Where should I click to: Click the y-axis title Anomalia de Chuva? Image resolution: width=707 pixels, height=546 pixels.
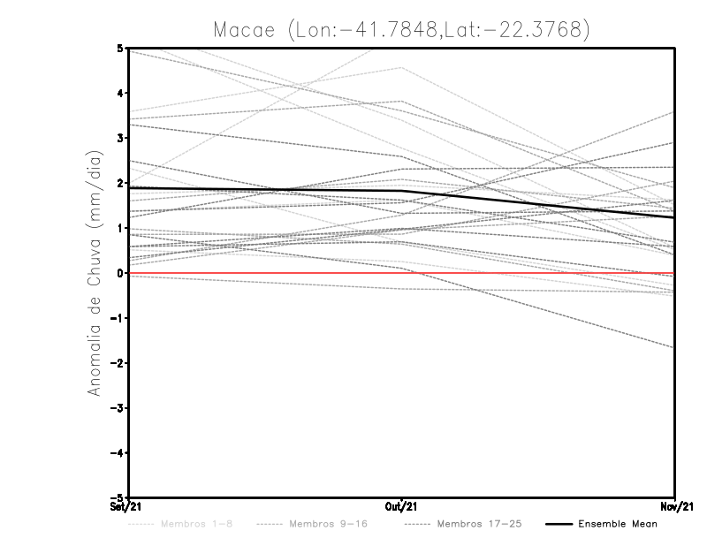[94, 273]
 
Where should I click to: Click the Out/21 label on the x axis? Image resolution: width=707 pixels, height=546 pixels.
[402, 506]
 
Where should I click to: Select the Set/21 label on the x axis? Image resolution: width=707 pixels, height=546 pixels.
[125, 506]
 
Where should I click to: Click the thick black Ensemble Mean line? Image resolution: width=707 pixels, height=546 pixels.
[265, 189]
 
